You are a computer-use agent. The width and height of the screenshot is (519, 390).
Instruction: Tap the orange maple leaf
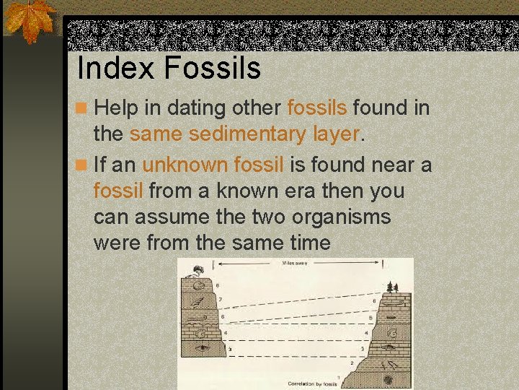coord(30,20)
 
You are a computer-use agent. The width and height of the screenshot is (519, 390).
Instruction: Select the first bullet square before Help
coord(84,109)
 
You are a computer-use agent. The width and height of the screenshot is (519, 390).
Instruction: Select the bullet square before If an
coord(84,165)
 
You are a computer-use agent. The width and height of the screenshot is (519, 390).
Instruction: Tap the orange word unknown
coord(186,165)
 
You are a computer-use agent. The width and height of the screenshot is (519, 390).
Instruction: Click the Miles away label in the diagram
coord(295,264)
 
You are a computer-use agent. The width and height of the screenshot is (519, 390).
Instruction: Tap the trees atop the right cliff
coord(392,287)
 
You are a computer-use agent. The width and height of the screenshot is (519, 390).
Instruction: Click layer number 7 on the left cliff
coord(219,299)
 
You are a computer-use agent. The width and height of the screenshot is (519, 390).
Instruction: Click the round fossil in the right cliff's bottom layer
coord(389,378)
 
